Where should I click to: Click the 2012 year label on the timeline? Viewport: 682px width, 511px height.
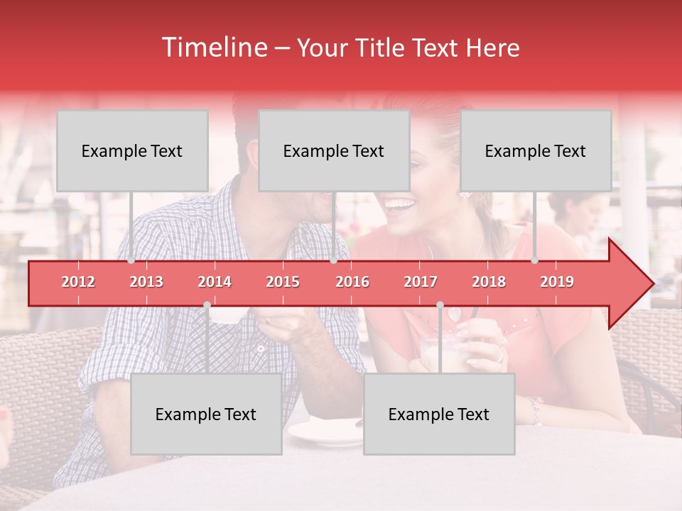click(x=78, y=282)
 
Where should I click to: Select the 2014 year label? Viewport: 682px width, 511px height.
click(x=215, y=282)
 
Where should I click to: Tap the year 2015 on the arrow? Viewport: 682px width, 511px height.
click(x=283, y=282)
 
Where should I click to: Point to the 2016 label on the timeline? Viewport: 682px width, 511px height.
click(x=352, y=282)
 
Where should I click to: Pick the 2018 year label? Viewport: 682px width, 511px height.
click(x=489, y=282)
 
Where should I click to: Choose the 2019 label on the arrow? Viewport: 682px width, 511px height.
click(x=557, y=282)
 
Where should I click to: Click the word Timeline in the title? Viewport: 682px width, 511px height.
click(x=213, y=48)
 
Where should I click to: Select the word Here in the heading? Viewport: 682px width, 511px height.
click(x=492, y=48)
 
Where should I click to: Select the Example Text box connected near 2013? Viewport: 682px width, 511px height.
click(x=132, y=150)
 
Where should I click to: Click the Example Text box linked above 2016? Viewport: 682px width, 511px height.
click(x=334, y=150)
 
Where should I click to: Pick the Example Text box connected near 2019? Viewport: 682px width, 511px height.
click(x=536, y=150)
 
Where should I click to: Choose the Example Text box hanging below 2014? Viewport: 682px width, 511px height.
click(x=206, y=414)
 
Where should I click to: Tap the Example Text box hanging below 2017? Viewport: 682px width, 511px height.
click(x=439, y=414)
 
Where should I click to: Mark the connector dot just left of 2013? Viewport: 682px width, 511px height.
click(x=131, y=260)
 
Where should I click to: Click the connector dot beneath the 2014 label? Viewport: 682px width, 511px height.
click(x=207, y=305)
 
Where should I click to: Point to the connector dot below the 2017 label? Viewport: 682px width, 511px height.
click(x=440, y=305)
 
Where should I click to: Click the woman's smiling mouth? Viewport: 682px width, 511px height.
click(x=399, y=206)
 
